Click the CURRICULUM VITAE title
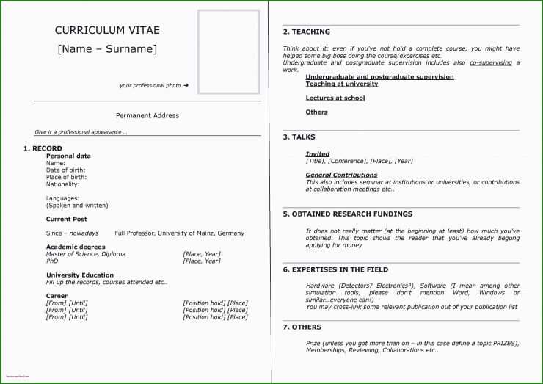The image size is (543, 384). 107,30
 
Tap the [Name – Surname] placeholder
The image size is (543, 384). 107,49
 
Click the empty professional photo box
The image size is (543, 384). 228,51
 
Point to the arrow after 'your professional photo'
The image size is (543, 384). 186,86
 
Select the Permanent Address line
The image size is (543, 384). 147,115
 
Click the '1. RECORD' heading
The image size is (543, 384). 43,148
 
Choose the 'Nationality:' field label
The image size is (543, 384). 62,184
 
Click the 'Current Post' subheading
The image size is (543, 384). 67,219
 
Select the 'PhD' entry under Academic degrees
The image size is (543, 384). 52,261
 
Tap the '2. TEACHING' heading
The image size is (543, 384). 306,32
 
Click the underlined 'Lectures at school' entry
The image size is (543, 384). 335,98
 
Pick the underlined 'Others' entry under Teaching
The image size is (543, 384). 316,112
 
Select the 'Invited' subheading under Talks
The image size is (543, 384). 317,154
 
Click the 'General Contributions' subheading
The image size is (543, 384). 341,175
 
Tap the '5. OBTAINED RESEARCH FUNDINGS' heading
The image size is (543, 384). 347,214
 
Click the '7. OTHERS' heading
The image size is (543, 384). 302,327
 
